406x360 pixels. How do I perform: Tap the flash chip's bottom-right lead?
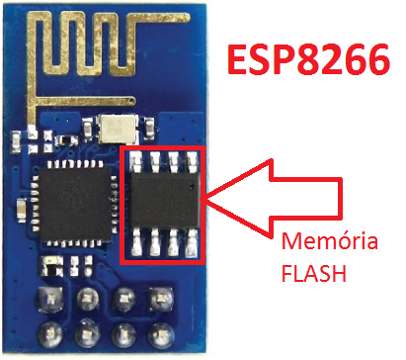click(190, 246)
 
